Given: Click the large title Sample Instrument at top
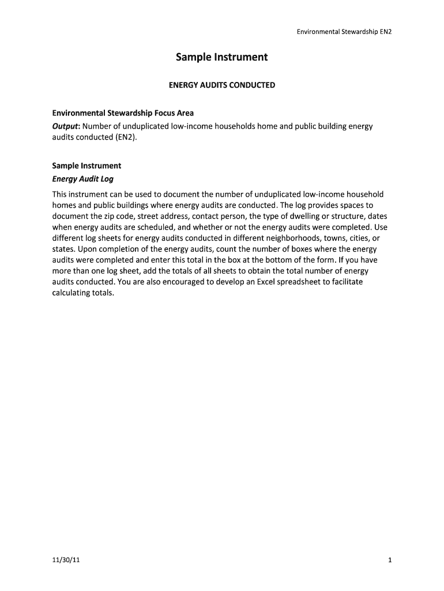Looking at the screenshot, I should pyautogui.click(x=221, y=58).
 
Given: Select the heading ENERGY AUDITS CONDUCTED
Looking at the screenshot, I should pyautogui.click(x=221, y=85).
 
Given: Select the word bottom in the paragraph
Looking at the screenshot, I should pyautogui.click(x=292, y=260).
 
